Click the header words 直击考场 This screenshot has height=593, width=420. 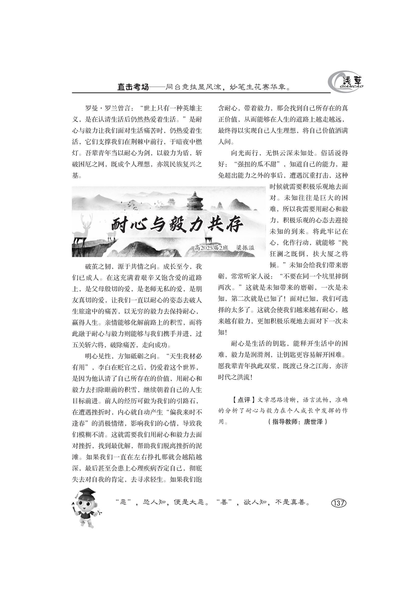click(x=133, y=87)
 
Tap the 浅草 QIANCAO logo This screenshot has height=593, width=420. click(x=346, y=82)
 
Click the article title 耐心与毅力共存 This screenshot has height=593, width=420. click(x=177, y=225)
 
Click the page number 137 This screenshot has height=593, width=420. click(x=339, y=503)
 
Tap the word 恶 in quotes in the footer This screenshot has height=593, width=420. click(x=124, y=502)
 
